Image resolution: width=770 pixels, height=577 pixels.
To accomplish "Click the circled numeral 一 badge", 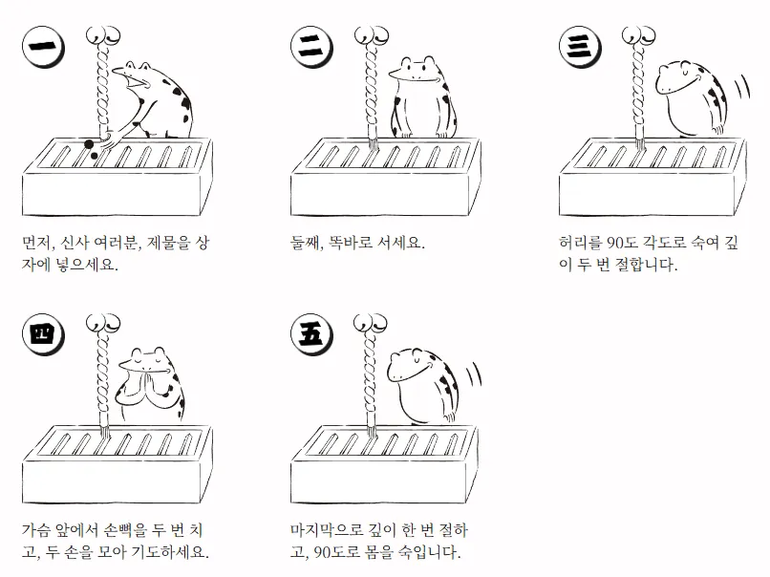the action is [x=43, y=47].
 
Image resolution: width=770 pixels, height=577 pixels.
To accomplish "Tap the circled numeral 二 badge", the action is [x=311, y=47].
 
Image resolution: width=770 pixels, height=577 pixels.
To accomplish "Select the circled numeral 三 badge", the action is [x=580, y=47].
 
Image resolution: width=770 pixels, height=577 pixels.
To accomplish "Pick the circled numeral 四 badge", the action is [x=43, y=334].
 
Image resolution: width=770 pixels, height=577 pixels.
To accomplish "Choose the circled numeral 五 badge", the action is [x=311, y=334].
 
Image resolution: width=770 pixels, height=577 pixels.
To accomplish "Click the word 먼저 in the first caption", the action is [x=38, y=243].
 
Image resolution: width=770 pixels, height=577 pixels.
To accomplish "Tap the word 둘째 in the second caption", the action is [x=306, y=243].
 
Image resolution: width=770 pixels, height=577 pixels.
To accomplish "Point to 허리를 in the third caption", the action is [x=581, y=243].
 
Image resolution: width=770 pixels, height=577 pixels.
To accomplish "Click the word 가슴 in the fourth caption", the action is [x=36, y=531].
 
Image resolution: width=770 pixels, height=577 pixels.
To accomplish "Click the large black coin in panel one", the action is [x=89, y=144].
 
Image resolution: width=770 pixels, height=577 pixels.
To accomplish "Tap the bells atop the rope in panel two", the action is [x=372, y=35].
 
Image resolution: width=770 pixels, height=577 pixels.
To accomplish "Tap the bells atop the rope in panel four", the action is [x=103, y=324].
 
